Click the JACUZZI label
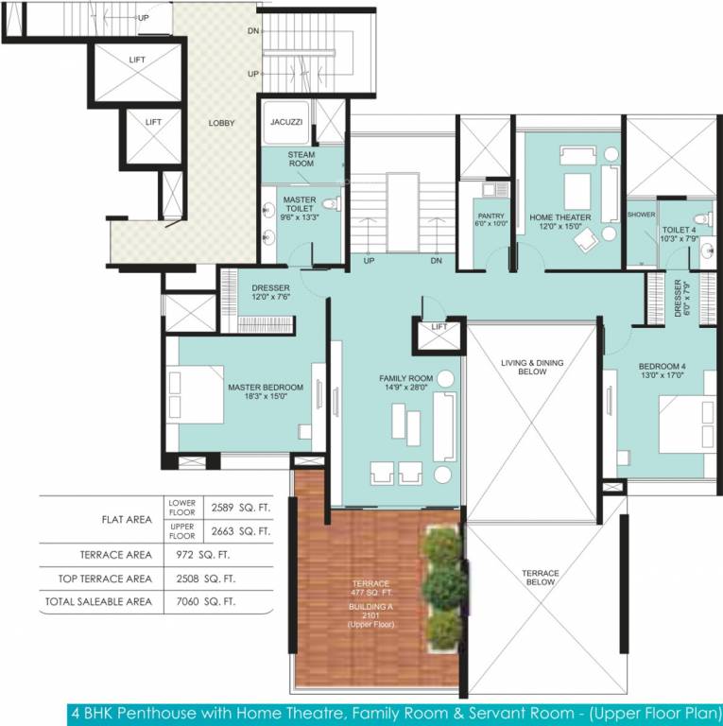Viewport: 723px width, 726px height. [x=285, y=122]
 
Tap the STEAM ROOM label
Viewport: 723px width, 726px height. [x=301, y=159]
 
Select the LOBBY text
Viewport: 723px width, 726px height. [x=222, y=123]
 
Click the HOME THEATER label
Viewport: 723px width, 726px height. [x=559, y=216]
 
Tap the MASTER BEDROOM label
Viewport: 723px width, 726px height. [x=265, y=388]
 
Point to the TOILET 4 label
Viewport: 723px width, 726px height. [x=679, y=229]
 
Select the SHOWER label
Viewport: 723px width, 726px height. [x=641, y=215]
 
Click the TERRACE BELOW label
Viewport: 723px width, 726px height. [x=542, y=578]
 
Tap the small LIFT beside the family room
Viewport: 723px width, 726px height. [x=439, y=327]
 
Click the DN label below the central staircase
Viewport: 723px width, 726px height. [x=436, y=261]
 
